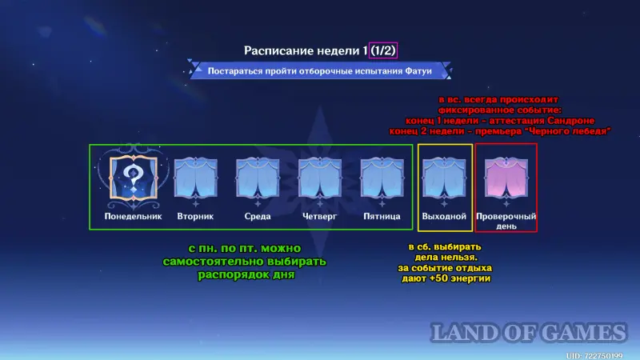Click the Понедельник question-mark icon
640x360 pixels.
[x=134, y=178]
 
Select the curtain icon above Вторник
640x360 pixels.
[x=195, y=178]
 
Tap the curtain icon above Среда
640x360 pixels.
[x=258, y=178]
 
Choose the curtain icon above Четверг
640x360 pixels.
[x=319, y=178]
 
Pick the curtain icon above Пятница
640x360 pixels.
[x=382, y=178]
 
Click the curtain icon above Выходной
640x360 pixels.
[x=444, y=178]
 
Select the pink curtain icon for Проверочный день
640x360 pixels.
[x=506, y=178]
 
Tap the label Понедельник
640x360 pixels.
[x=133, y=216]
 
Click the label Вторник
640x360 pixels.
[x=195, y=216]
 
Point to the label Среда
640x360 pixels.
[x=258, y=216]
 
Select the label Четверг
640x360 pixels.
[x=319, y=216]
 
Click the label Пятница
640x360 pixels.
[x=382, y=216]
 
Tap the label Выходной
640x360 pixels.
[x=444, y=216]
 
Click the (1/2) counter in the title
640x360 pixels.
[x=383, y=50]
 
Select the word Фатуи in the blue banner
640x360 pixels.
[x=418, y=71]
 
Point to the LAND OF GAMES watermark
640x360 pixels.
[x=529, y=332]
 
